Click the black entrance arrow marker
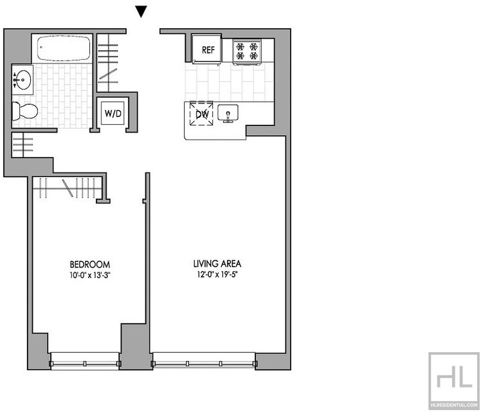coord(141,12)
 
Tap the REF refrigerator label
coord(208,50)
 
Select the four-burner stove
coord(247,51)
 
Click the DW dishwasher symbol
coord(202,113)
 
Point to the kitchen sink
coord(228,113)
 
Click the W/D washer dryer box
coord(113,113)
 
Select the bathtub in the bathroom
coord(64,49)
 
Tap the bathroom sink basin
coord(23,80)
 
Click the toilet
coord(25,111)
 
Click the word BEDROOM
coord(89,265)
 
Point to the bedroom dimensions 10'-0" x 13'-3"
coord(90,275)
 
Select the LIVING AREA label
coord(217,264)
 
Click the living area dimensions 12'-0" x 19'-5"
coord(217,274)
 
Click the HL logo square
coord(454,381)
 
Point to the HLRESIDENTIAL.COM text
coord(454,405)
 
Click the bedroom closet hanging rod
coord(68,189)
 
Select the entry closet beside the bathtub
coord(108,62)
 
